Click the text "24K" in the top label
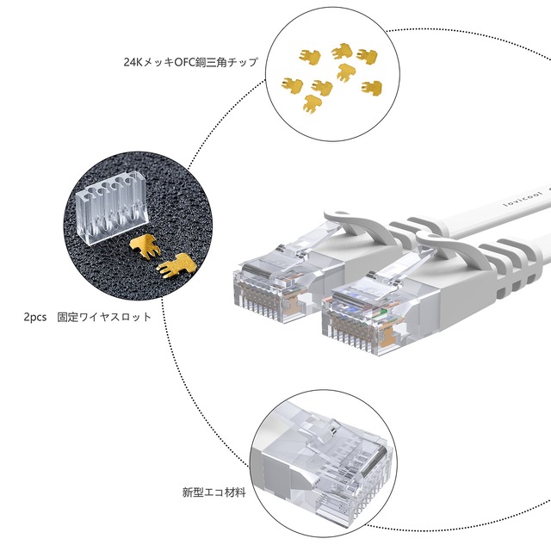133,63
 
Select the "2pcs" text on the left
36,317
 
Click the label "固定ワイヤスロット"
104,317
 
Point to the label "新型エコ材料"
214,492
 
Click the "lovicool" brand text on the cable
515,200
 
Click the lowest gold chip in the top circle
310,105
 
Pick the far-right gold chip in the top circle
372,88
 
